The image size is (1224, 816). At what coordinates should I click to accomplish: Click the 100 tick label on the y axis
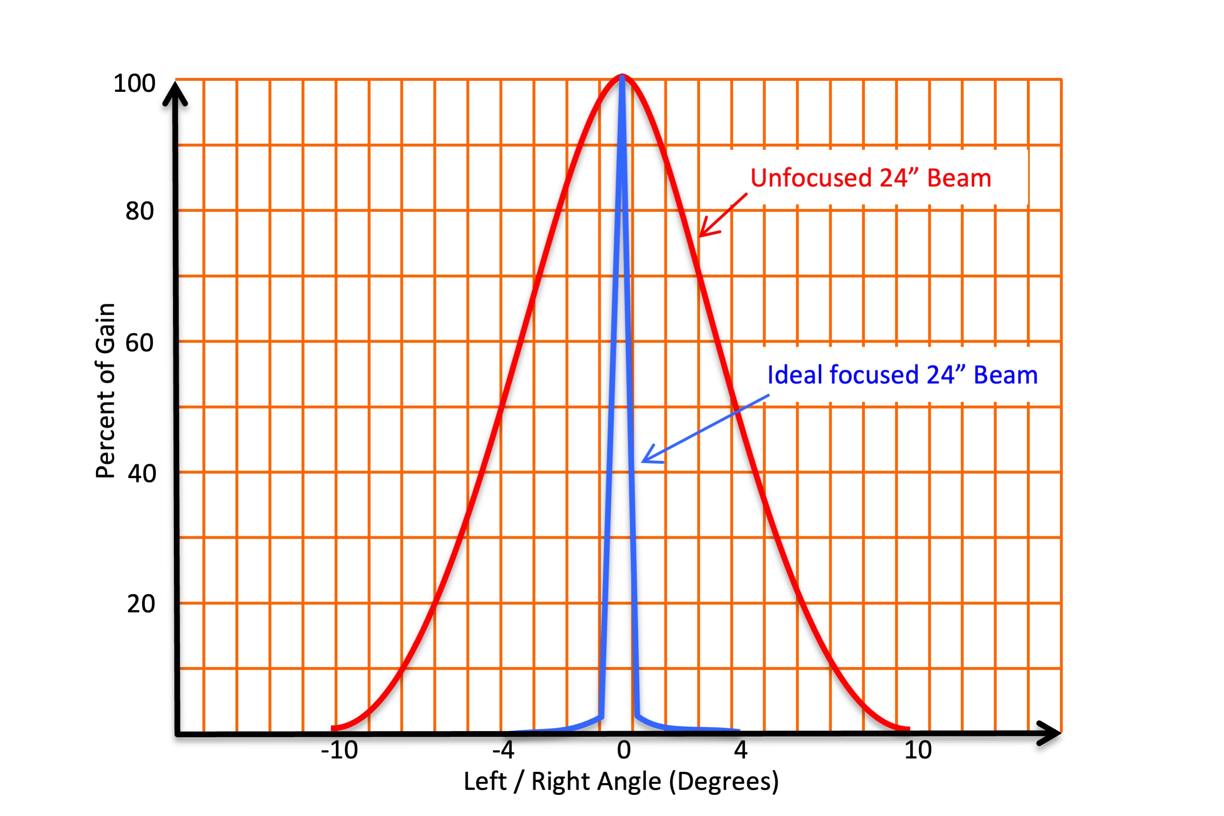(x=134, y=84)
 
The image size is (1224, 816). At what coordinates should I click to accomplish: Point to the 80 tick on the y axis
(x=140, y=211)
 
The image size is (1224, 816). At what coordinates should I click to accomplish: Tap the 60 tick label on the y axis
(x=140, y=343)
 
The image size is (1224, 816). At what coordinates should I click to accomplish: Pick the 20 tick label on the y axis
(x=141, y=604)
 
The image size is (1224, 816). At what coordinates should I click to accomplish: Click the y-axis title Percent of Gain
(x=106, y=390)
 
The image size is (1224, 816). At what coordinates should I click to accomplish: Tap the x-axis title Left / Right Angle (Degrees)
(x=621, y=782)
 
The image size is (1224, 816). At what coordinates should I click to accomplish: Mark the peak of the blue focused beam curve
(x=622, y=78)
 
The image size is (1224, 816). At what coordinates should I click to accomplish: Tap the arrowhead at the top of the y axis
(x=175, y=91)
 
